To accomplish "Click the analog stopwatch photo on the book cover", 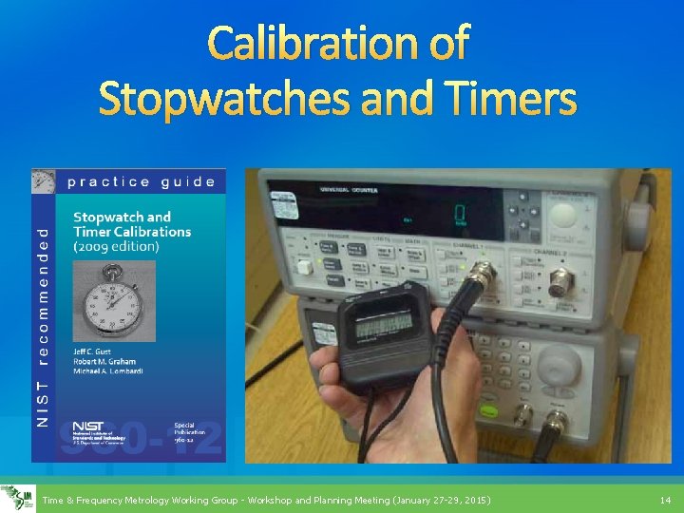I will pyautogui.click(x=115, y=301).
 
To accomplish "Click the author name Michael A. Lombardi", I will pyautogui.click(x=109, y=370).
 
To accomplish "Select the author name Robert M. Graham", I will pyautogui.click(x=106, y=361).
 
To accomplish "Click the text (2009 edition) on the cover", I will pyautogui.click(x=116, y=246).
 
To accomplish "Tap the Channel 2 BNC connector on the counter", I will pyautogui.click(x=560, y=282).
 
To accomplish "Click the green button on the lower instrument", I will pyautogui.click(x=488, y=411).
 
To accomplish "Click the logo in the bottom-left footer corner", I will pyautogui.click(x=15, y=498).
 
